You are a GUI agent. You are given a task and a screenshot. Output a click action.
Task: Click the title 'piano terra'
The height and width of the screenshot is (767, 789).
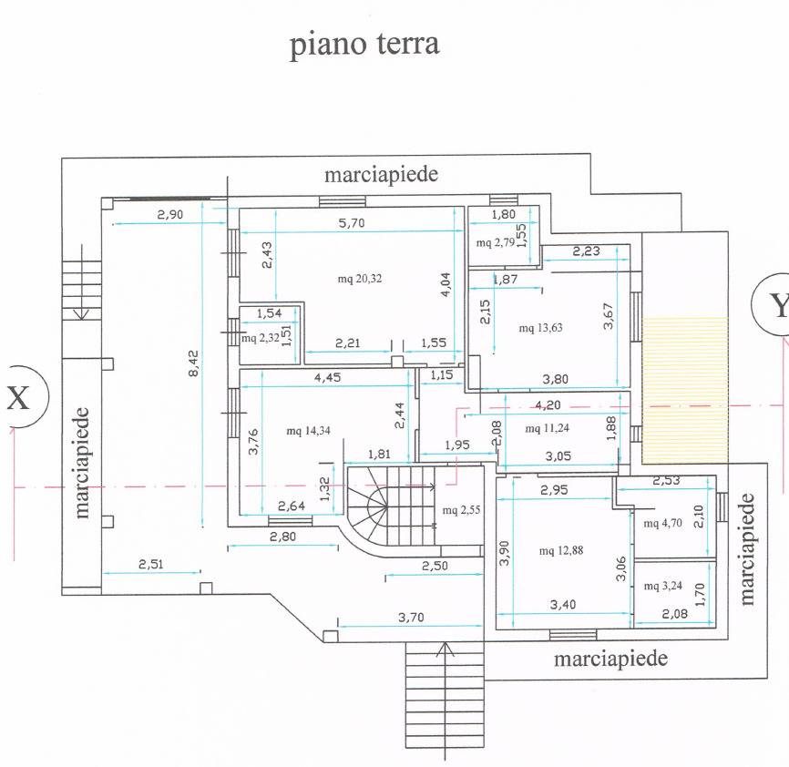[x=364, y=44]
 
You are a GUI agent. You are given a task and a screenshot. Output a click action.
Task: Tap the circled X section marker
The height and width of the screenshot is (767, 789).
[x=18, y=396]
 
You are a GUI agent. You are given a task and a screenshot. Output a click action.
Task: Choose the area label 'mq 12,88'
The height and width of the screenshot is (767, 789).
[x=559, y=550]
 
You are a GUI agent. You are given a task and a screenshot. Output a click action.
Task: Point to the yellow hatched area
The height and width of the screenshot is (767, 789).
[x=685, y=388]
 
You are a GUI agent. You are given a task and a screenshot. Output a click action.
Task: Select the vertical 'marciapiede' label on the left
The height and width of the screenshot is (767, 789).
[x=82, y=462]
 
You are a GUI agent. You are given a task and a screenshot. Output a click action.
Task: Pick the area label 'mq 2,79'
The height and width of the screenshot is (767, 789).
[x=494, y=242]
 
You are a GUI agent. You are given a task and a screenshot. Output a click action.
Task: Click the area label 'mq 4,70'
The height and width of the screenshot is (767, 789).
[x=661, y=523]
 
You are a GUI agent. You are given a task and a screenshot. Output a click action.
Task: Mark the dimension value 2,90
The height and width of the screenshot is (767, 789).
[x=170, y=214]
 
